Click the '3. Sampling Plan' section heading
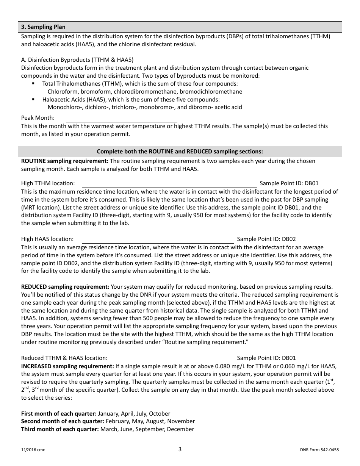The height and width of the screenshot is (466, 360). pos(43,27)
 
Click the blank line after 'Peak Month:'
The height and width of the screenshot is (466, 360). pos(122,119)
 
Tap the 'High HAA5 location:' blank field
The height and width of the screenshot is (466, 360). pos(158,239)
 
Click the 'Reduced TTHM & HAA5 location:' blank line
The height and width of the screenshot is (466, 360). pos(174,358)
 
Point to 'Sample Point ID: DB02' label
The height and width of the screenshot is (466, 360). pos(266,239)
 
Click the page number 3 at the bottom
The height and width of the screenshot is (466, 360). pos(180,450)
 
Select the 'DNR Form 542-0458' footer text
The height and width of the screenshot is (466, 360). pos(319,450)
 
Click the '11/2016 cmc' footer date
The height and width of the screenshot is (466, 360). pos(33,450)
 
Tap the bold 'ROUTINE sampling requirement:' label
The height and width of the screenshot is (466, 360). pos(65,161)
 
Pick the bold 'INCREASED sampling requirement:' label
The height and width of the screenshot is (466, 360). pos(67,366)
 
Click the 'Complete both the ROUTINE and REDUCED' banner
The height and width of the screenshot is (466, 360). pos(180,152)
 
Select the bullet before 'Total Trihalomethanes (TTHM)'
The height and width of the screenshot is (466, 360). pos(33,83)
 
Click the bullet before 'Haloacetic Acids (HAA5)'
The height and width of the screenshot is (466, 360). pos(33,99)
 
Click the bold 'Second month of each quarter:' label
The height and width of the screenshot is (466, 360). pos(63,421)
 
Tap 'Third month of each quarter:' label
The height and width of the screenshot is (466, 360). pos(60,429)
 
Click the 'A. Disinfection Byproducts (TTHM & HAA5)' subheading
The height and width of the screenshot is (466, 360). pos(77,60)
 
